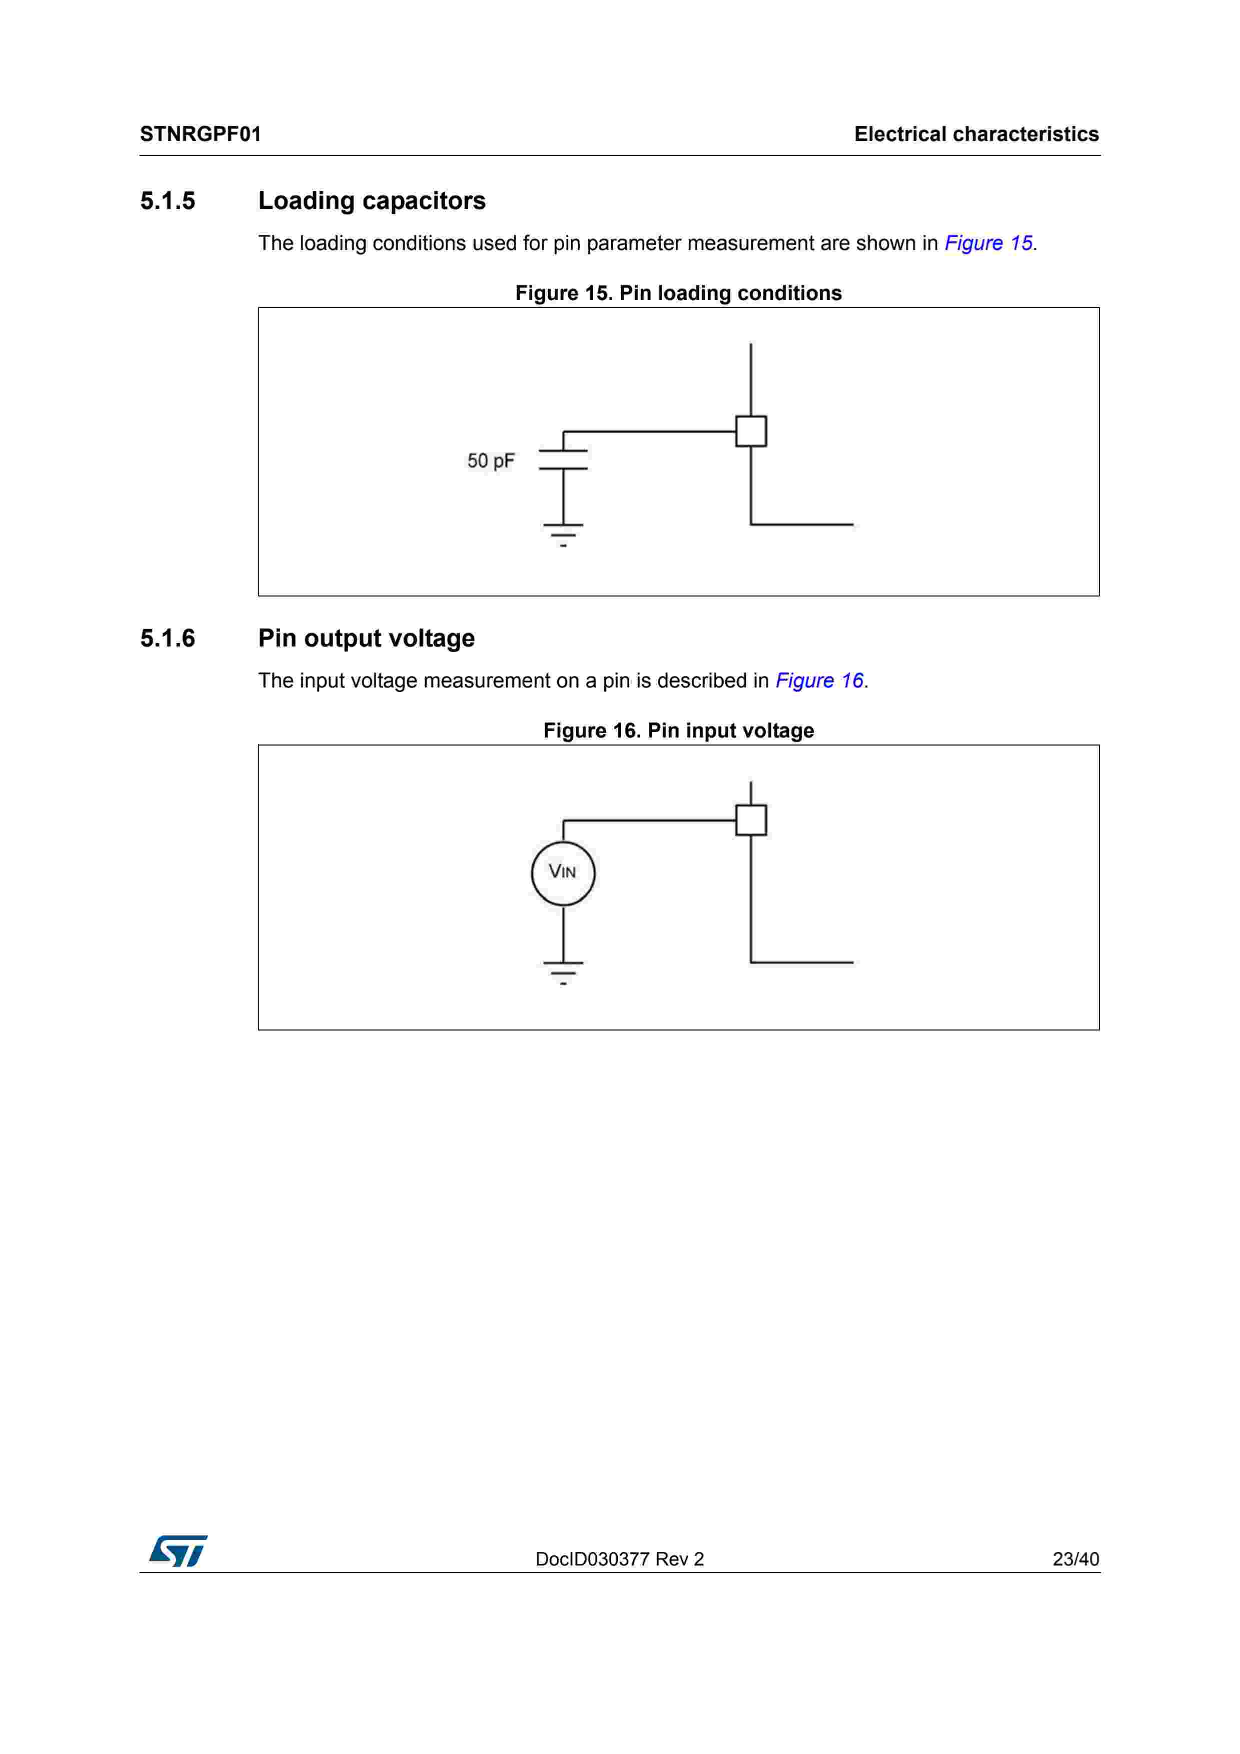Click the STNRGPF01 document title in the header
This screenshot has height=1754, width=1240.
200,134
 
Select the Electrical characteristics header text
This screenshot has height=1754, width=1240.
976,134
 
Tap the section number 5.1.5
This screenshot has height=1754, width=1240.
168,201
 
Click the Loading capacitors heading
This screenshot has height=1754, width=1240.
371,201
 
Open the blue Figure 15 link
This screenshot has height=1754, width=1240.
988,243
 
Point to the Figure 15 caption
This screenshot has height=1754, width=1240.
678,293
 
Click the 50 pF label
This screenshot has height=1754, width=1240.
491,460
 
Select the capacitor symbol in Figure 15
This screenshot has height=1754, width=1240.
563,459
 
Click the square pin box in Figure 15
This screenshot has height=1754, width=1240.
750,431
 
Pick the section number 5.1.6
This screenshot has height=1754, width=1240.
168,638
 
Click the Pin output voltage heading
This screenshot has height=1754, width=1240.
366,638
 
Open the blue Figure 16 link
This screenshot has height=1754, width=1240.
819,680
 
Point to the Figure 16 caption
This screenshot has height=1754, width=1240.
678,731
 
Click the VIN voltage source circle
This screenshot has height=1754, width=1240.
563,873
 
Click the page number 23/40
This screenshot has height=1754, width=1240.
1075,1559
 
